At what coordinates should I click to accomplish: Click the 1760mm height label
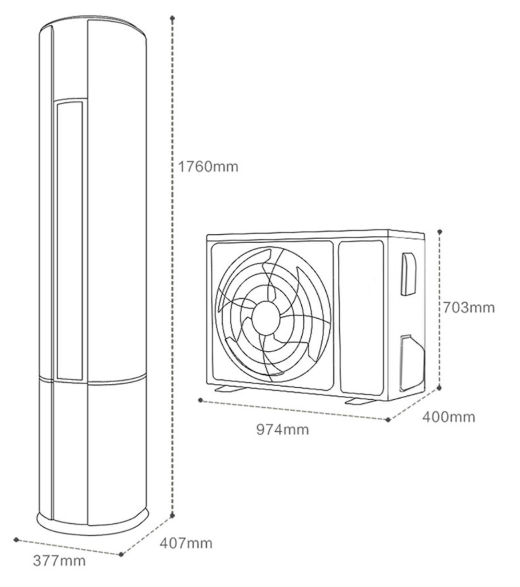point(208,167)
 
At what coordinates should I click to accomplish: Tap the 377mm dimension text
point(59,560)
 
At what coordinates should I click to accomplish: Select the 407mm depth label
point(186,543)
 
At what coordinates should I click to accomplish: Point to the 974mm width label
point(283,430)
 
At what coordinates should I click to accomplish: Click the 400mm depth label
point(449,417)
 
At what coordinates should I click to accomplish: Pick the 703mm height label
point(469,308)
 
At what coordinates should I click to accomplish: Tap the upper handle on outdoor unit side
point(409,273)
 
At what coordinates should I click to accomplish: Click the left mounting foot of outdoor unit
point(230,389)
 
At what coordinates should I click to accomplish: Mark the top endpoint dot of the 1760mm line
point(172,18)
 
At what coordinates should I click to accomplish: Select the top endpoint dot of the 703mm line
point(440,231)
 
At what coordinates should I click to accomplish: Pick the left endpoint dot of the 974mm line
point(201,400)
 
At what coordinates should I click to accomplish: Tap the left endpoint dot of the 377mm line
point(16,539)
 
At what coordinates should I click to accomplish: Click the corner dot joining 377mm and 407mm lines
point(121,554)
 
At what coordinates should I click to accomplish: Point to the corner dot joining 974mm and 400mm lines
point(388,420)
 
